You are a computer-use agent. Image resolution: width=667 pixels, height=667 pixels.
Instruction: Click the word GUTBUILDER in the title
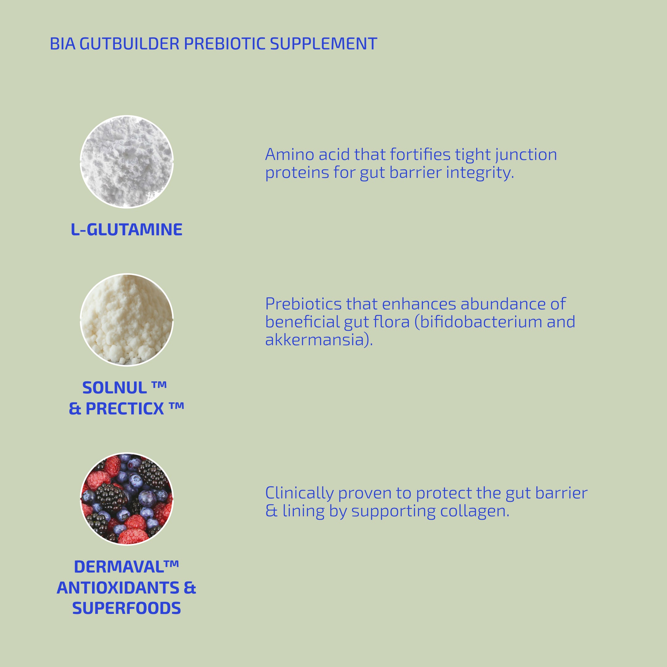129,44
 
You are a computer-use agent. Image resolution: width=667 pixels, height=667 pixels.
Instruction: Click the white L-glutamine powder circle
127,162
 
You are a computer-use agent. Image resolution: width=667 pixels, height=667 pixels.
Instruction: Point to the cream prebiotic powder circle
127,320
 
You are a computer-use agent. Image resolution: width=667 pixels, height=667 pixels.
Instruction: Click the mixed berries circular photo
127,499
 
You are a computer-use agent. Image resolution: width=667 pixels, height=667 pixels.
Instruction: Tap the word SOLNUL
115,388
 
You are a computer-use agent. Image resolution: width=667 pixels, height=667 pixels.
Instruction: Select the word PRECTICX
125,409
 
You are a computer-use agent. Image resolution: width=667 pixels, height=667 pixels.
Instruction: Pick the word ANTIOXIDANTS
118,588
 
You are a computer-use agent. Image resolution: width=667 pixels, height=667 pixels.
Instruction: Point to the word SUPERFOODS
126,608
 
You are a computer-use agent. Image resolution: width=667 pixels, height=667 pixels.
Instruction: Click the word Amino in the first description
289,154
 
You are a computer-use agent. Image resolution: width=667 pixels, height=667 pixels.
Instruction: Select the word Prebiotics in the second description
303,304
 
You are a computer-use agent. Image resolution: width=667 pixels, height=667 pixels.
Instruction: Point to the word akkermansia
315,340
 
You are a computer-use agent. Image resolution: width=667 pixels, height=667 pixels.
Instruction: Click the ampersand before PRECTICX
74,409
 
